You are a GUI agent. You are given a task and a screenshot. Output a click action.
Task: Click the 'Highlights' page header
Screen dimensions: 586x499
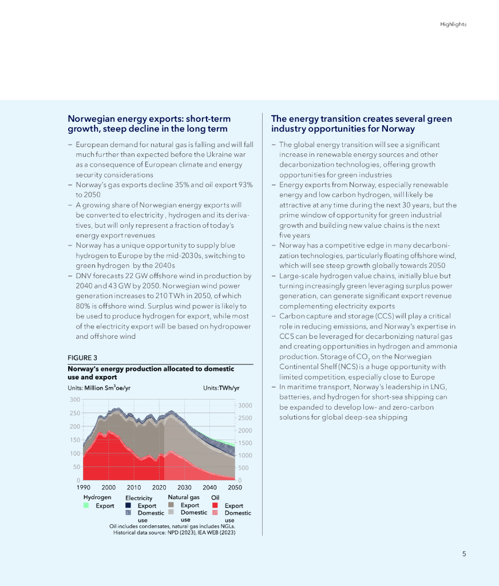click(453, 24)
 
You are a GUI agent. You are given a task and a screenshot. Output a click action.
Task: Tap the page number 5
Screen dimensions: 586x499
click(464, 553)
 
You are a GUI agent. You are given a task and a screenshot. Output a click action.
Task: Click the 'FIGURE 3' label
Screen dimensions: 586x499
click(82, 358)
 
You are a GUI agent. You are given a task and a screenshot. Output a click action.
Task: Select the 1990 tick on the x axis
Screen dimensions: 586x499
click(84, 488)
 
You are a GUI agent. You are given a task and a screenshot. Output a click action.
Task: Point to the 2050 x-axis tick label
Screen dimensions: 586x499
click(235, 488)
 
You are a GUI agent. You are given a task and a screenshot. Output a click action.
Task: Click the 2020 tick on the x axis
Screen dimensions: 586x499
click(159, 488)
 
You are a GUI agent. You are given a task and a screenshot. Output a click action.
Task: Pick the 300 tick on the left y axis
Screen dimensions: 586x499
click(75, 399)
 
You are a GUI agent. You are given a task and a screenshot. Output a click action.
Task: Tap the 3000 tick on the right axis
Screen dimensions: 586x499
click(244, 406)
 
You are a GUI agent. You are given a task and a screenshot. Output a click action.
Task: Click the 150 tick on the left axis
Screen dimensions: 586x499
click(75, 440)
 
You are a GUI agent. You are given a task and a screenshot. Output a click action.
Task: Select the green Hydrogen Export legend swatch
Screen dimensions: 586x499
click(86, 506)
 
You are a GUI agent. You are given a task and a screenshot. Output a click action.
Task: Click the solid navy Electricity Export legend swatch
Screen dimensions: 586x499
click(129, 506)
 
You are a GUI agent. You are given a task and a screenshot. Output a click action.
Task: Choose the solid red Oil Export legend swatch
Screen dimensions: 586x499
click(215, 506)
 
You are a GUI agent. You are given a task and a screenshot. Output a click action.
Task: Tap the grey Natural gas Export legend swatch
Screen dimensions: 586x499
click(171, 505)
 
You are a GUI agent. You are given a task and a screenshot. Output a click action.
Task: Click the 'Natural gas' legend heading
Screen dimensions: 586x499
click(184, 497)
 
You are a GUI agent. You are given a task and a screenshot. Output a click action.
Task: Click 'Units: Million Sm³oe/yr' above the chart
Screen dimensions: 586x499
click(99, 387)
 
